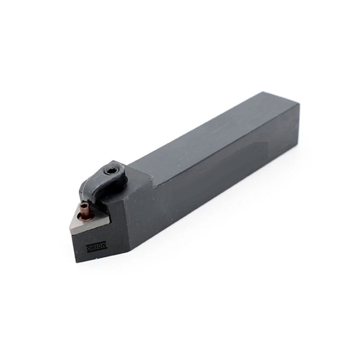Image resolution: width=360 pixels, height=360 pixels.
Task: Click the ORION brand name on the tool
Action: tap(96, 246)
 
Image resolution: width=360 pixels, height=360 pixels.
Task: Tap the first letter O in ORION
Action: tap(88, 247)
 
